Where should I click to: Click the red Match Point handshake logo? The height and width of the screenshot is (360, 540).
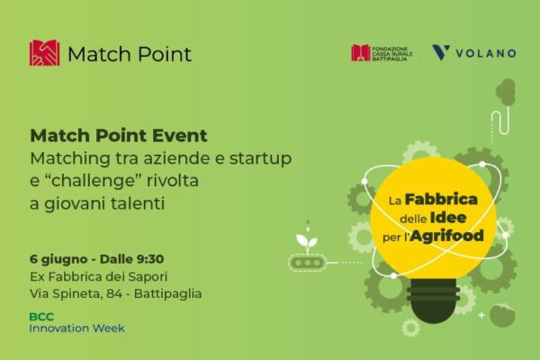point(44,53)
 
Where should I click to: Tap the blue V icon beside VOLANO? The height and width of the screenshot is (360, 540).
point(441,53)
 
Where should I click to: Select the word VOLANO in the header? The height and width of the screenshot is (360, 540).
point(486,53)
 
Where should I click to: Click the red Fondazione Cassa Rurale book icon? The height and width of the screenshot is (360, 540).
point(360,53)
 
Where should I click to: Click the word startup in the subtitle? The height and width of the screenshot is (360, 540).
point(260,159)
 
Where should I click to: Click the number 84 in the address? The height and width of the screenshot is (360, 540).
point(113,294)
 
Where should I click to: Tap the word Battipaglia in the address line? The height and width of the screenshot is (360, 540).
point(167,294)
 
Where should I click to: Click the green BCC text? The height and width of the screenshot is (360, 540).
point(41,317)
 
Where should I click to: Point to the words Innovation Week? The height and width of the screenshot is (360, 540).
point(76,328)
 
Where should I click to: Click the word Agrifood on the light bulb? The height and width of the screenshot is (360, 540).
point(447,236)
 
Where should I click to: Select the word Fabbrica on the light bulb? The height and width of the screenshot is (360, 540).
point(441,199)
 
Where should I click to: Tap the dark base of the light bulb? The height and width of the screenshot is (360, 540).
point(433,298)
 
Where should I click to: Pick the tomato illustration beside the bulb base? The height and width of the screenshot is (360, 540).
point(502,315)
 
